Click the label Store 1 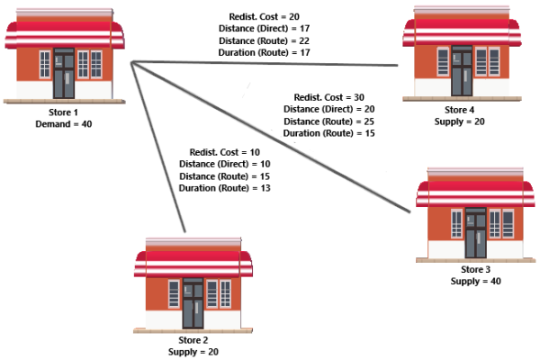64,112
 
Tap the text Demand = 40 64,124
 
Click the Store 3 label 476,270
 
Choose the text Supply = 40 476,282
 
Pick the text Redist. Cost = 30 329,97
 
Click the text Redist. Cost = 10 224,152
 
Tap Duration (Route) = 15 329,133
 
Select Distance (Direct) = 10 224,164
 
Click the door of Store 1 64,74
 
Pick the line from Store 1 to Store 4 270,64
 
